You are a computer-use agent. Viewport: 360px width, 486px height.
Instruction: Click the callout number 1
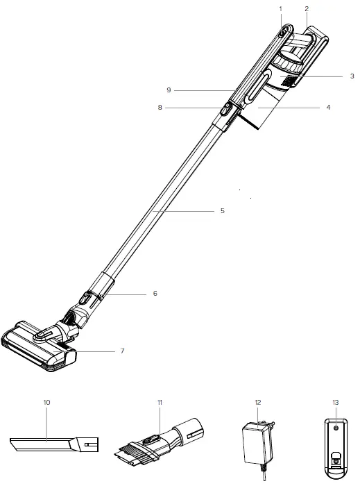tap(281, 8)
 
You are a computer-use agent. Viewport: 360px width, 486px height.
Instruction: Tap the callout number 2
tap(306, 8)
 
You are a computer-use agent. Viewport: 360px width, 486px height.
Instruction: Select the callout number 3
tap(352, 76)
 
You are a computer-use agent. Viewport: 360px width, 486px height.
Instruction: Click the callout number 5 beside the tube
tap(223, 210)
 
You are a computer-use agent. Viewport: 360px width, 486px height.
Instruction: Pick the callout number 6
tap(155, 294)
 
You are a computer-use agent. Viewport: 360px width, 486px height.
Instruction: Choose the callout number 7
tap(122, 351)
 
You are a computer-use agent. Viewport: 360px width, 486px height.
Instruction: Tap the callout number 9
tap(168, 90)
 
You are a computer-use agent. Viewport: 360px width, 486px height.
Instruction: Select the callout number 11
tap(160, 402)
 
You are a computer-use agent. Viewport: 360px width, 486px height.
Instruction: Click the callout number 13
tap(336, 402)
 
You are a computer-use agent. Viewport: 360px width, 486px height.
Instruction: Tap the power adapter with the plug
tap(257, 444)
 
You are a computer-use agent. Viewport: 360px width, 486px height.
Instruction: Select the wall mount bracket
tap(335, 448)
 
